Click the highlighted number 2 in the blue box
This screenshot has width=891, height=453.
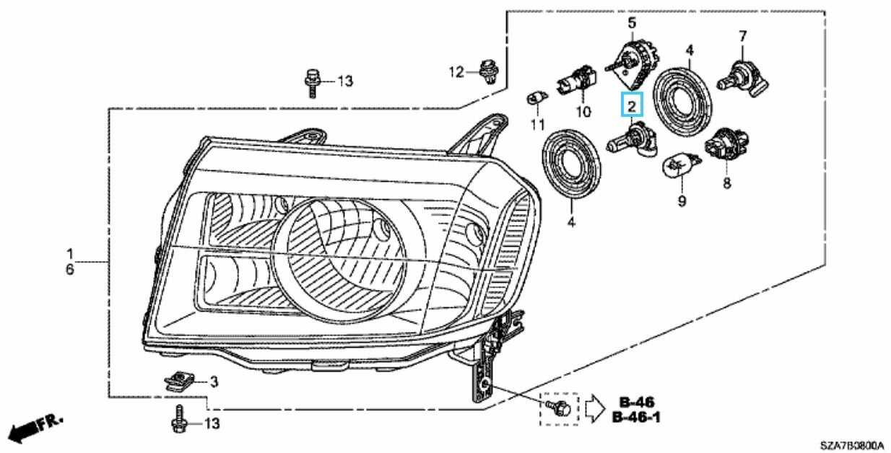pos(632,107)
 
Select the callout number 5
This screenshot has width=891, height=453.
pos(632,23)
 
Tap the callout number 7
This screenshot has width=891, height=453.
pos(742,35)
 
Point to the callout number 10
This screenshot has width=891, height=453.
pos(583,112)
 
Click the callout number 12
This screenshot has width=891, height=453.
pos(456,71)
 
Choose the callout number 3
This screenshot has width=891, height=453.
pos(214,381)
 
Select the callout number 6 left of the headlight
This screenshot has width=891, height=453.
pos(70,269)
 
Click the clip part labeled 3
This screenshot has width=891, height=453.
pos(176,380)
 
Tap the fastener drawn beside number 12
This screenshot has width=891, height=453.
pos(488,71)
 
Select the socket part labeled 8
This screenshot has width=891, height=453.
pos(726,146)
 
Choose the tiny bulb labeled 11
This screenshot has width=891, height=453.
pos(536,96)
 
